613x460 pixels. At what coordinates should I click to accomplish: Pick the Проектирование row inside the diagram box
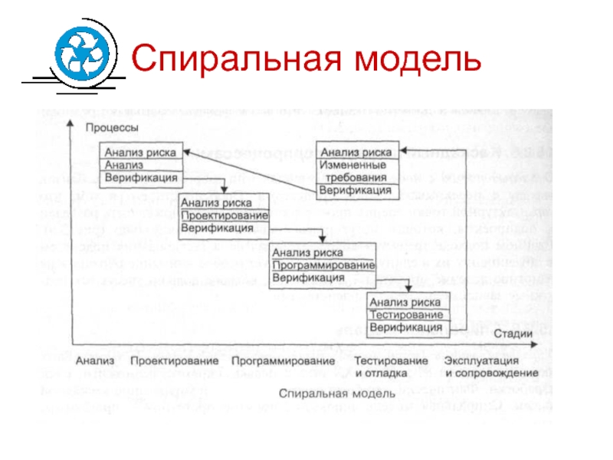(x=222, y=215)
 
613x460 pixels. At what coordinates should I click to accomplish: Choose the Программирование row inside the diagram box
(x=316, y=264)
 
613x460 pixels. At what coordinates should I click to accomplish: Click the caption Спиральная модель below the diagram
(x=316, y=393)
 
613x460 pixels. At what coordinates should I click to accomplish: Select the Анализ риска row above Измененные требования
(x=357, y=152)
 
